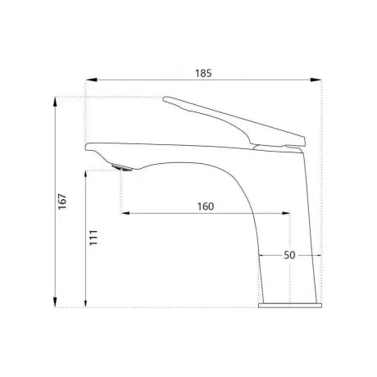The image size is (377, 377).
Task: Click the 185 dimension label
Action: pos(203,73)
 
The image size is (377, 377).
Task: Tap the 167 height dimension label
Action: pos(62,202)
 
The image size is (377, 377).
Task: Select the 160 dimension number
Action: pos(206,207)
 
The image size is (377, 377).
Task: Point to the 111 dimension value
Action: pos(93,238)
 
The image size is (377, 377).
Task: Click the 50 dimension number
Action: pos(289,255)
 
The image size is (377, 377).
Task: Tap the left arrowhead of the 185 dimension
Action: pos(92,79)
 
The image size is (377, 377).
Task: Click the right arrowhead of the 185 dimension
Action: pos(316,79)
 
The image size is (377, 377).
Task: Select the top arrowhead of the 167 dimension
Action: pos(55,102)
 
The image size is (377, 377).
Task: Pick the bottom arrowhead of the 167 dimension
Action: pos(55,302)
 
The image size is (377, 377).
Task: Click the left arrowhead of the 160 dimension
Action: pos(125,213)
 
